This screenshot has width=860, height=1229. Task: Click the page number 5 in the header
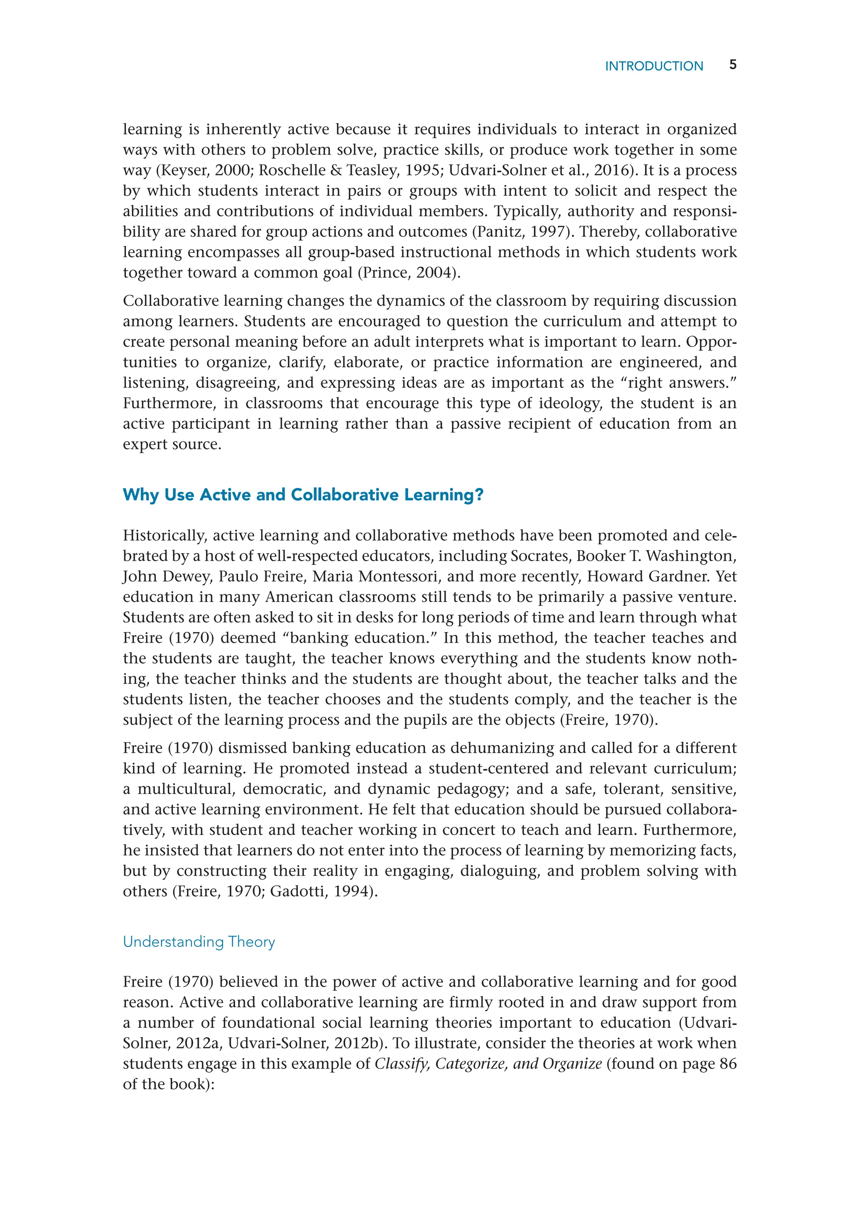pyautogui.click(x=733, y=65)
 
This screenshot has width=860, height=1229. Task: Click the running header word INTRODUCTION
pyautogui.click(x=654, y=66)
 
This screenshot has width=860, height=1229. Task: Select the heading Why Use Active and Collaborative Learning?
pyautogui.click(x=303, y=495)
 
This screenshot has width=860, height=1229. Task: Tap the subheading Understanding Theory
pyautogui.click(x=199, y=942)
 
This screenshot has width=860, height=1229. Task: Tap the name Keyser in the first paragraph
pyautogui.click(x=184, y=170)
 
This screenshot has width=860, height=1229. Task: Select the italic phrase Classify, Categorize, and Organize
pyautogui.click(x=488, y=1064)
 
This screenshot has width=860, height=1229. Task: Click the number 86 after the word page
pyautogui.click(x=728, y=1064)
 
